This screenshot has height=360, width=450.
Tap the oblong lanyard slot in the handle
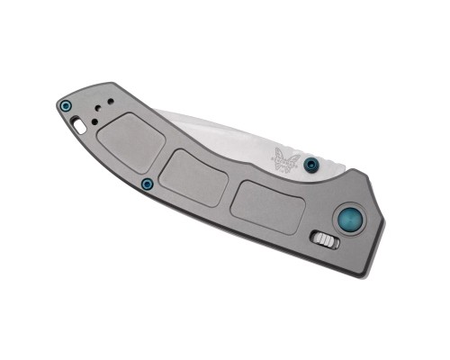coord(81,127)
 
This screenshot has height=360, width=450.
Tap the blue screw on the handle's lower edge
coord(147,184)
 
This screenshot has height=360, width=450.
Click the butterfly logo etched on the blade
coord(287,159)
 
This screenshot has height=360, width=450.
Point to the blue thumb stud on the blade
coord(311,165)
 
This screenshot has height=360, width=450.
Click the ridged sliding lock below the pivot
coord(326,238)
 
